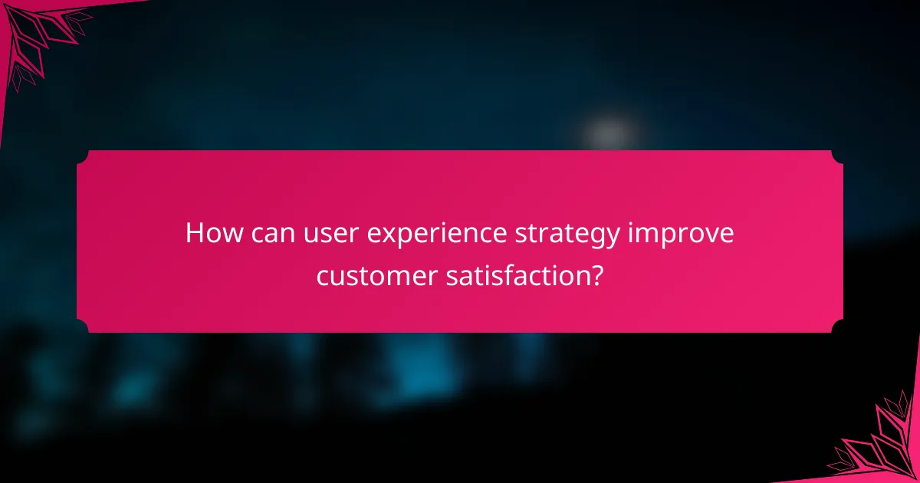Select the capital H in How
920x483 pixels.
195,233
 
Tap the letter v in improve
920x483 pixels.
706,234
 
